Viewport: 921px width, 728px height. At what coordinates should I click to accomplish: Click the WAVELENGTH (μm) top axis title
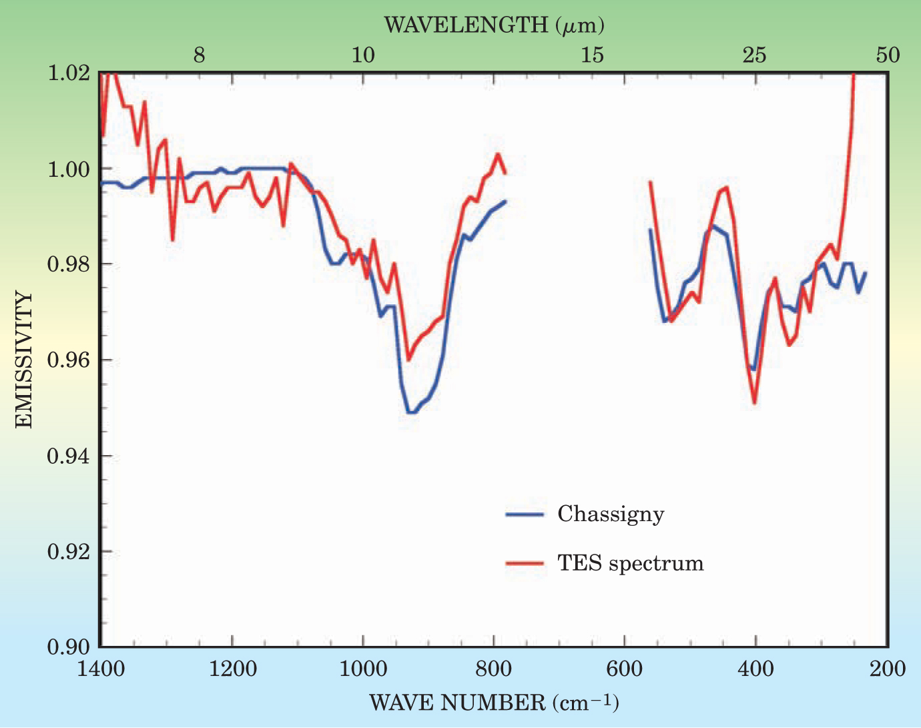494,25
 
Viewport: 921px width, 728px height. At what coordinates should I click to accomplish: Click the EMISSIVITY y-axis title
23,360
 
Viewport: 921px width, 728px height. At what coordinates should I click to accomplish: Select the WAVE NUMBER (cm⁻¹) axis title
494,702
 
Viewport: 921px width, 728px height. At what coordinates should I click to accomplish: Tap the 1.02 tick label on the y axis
69,72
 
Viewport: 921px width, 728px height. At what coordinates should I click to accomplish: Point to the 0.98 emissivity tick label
69,264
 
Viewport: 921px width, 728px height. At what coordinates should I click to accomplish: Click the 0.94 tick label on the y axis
69,456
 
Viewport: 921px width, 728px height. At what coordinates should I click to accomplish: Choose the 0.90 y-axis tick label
69,647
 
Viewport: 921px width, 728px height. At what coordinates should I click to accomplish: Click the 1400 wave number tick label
100,669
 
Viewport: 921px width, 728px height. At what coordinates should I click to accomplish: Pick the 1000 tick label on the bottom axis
362,669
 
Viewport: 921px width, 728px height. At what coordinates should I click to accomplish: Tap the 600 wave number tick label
625,669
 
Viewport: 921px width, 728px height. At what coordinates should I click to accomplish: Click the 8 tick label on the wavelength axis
199,55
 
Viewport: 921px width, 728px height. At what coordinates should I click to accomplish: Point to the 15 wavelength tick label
592,55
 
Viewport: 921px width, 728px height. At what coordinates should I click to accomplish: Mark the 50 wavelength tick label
888,55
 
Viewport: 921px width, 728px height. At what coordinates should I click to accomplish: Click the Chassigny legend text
611,514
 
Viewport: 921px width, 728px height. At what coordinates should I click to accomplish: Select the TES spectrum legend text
631,563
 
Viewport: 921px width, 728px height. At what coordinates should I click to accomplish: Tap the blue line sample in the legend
525,514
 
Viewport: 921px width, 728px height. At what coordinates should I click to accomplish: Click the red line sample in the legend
525,564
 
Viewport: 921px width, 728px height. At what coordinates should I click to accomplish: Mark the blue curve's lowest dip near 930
411,412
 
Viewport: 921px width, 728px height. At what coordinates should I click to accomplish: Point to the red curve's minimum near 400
755,403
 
